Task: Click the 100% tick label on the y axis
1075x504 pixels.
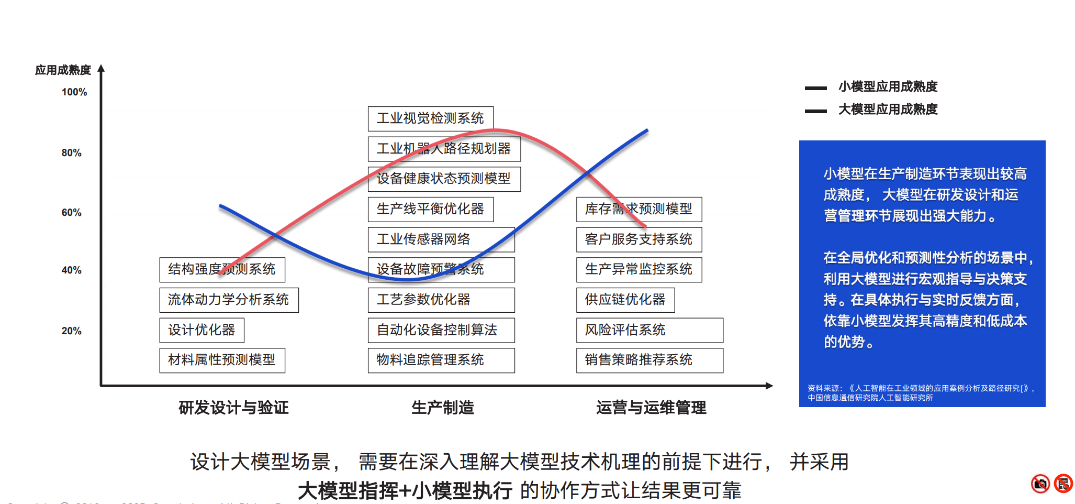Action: (74, 92)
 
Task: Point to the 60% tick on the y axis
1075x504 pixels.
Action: (72, 213)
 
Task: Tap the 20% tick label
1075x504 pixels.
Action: (72, 331)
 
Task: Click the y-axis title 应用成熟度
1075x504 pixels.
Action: (63, 70)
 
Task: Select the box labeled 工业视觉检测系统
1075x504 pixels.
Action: (430, 118)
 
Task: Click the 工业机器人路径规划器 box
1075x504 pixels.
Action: (444, 149)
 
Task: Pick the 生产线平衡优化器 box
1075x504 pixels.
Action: (430, 209)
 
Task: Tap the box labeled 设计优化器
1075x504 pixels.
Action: (201, 330)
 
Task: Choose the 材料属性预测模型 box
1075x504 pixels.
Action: (222, 360)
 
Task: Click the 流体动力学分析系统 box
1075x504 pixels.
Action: (229, 300)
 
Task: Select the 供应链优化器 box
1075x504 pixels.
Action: (625, 300)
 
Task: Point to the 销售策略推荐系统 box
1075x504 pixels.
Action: (650, 360)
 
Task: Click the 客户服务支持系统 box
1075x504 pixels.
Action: (639, 239)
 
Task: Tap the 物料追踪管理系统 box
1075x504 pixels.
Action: (441, 360)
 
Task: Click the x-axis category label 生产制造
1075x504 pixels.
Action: (443, 408)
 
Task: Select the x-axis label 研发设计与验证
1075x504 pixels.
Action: (233, 408)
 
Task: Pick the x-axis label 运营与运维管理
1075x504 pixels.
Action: (651, 408)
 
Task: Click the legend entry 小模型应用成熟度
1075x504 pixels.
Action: (888, 87)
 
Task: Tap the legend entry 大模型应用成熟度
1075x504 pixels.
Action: (888, 109)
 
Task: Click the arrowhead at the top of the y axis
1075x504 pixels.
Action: (101, 68)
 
